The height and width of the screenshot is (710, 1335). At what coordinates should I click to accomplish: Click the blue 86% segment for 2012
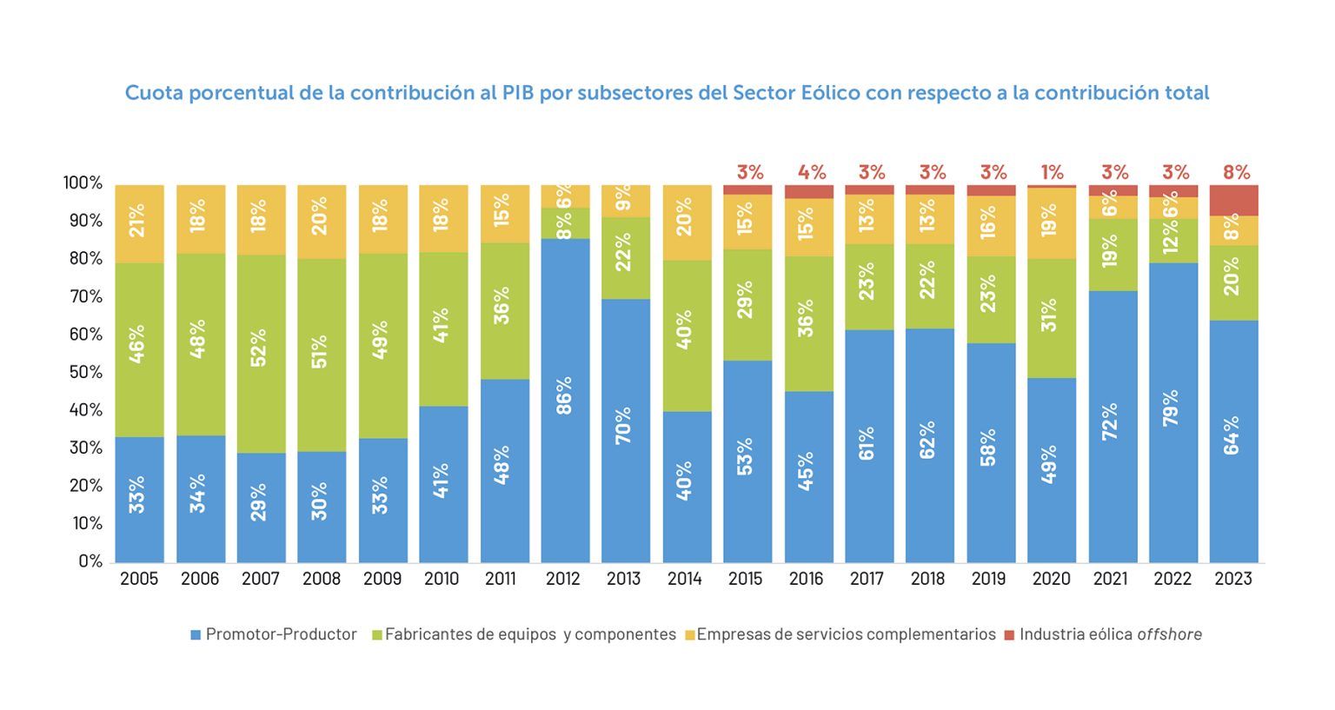coord(565,400)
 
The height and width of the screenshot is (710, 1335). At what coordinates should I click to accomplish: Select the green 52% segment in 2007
coord(261,354)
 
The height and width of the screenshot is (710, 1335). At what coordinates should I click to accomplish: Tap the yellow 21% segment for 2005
coord(139,223)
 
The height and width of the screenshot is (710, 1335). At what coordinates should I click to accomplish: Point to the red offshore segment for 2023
coord(1233,200)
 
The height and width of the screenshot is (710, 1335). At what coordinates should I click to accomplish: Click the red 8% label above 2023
coord(1236,172)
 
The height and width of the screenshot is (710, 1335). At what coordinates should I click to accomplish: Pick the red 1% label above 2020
coord(1052,172)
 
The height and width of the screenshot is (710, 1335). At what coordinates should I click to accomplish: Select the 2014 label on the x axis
coord(685,579)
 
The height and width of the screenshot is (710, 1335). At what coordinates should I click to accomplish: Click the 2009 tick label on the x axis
coord(382,579)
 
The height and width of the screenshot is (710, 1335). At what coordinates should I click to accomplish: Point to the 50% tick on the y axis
coord(85,372)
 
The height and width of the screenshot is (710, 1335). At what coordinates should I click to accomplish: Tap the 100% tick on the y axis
coord(83,183)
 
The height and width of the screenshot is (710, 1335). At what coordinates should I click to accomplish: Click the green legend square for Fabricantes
coord(377,635)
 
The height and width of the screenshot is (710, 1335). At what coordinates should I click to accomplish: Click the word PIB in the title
coord(518,93)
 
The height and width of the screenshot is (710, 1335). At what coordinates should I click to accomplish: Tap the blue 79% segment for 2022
coord(1172,413)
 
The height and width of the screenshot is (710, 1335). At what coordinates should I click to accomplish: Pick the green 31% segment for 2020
coord(1051,318)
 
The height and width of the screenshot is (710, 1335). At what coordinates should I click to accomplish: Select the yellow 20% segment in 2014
coord(687,222)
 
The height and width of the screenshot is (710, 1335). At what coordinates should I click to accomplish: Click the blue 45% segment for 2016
coord(808,476)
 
